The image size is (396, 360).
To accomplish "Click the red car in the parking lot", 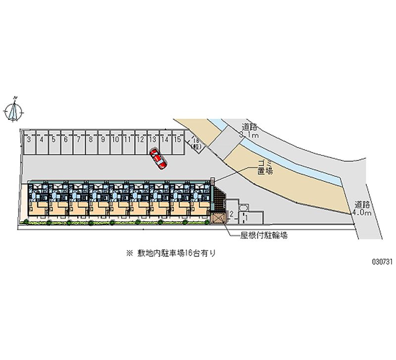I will click(x=158, y=159).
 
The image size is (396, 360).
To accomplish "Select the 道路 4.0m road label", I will click(x=362, y=208).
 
